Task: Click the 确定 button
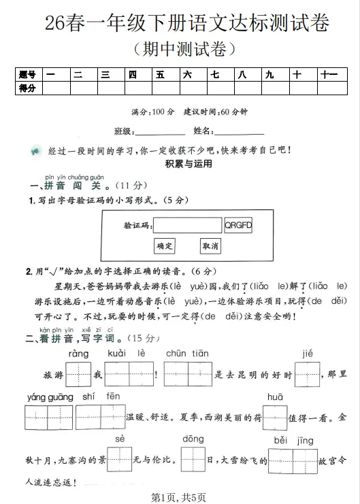[x=165, y=246]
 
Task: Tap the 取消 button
[x=210, y=246]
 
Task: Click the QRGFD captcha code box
[x=238, y=225]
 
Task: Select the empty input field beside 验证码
[x=188, y=225]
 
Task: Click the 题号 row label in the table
[x=28, y=75]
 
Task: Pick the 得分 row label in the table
[x=28, y=88]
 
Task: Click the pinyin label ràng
[x=78, y=354]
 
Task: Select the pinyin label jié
[x=306, y=353]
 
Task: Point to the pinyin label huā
[x=275, y=397]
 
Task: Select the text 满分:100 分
[x=152, y=112]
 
